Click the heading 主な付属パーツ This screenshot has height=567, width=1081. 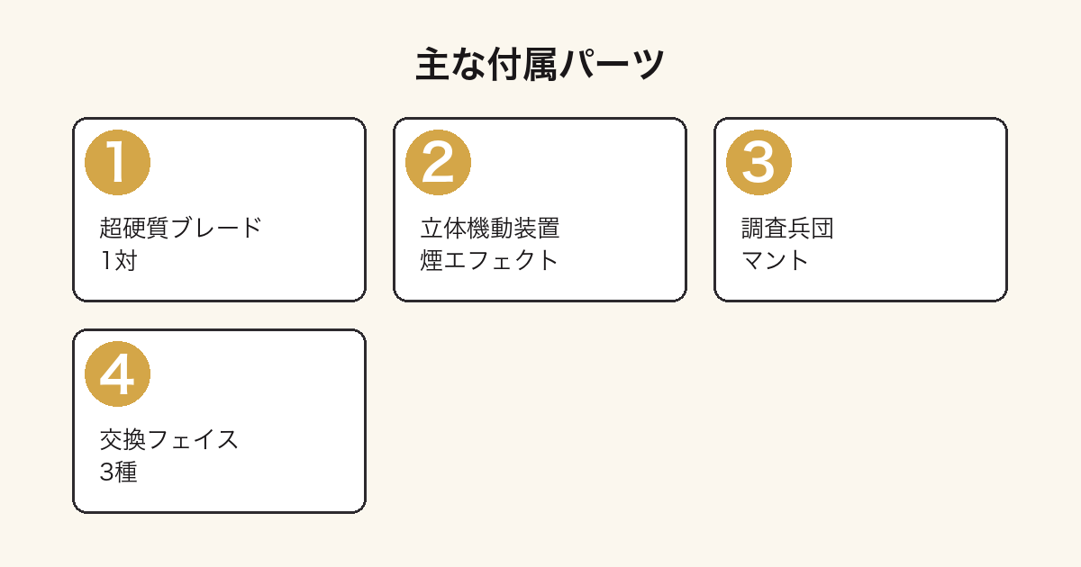pos(540,64)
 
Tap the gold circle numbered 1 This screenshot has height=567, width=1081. pos(117,163)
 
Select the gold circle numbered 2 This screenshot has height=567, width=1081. pos(438,163)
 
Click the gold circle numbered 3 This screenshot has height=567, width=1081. pos(759,163)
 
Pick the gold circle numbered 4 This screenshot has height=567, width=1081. pos(117,374)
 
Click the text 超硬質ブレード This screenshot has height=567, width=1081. pos(180,228)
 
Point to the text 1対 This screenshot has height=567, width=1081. pos(119,260)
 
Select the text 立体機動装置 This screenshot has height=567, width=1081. pos(490,228)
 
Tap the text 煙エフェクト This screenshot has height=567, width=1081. pos(489,260)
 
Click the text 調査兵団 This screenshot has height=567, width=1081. pos(787,228)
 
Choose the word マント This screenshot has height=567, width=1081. pos(775,260)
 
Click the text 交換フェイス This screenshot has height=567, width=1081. pos(169,440)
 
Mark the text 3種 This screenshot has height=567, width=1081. pos(119,472)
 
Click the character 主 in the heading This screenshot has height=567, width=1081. pos(433,64)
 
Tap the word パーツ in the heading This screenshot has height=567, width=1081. pos(613,65)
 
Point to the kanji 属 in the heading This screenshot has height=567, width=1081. pos(541,64)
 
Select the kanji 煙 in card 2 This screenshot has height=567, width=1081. pos(431,260)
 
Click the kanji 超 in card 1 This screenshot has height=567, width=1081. pos(111,228)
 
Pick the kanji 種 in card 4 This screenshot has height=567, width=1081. pos(126,472)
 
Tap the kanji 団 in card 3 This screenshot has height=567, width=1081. pos(822,228)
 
